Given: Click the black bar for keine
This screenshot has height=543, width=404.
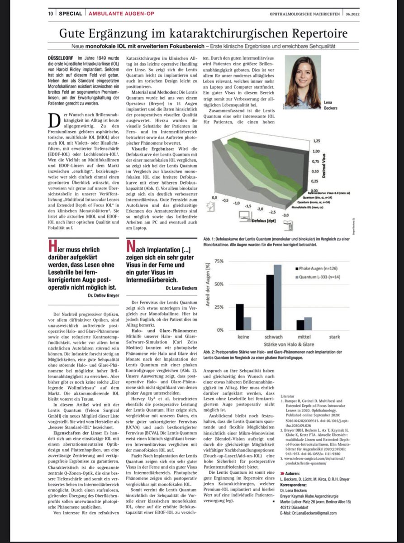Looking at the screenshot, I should tap(240, 317).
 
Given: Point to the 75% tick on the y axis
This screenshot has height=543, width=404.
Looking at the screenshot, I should tap(219, 262).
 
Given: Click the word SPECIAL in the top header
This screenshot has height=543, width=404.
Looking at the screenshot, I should tap(70, 14).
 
